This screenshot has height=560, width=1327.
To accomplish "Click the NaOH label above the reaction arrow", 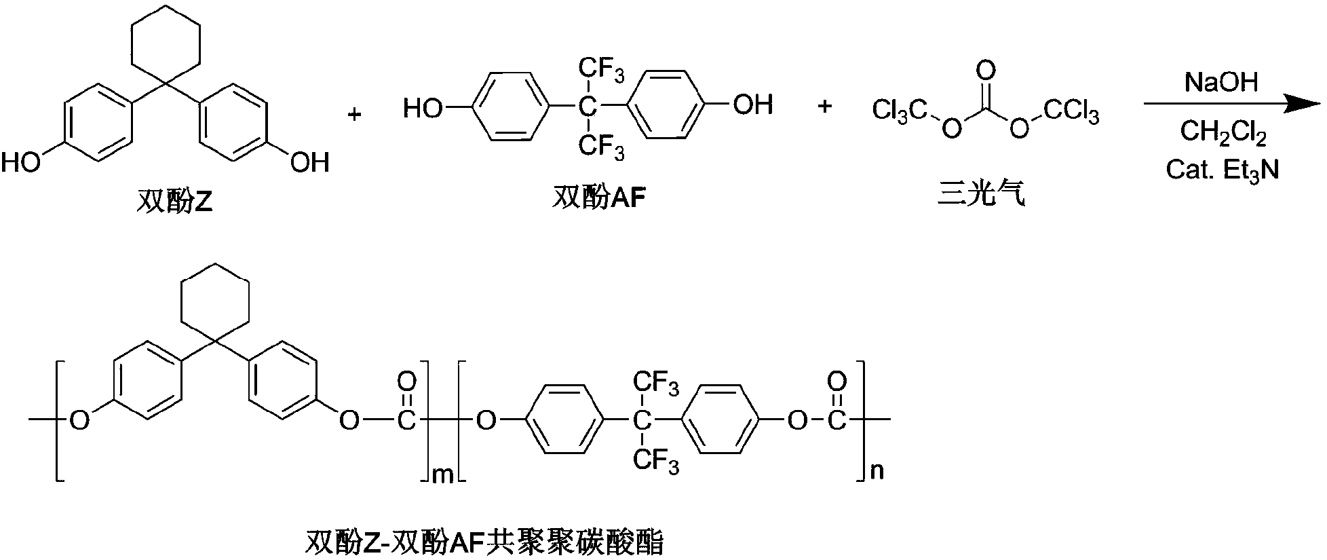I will coord(1220,82).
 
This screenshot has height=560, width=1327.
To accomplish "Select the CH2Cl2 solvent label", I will coord(1223,133).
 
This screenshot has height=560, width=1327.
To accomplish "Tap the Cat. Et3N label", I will coord(1223,169).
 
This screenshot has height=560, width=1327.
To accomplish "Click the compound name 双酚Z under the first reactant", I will coord(175,202).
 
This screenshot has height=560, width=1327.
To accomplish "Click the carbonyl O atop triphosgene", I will coord(987,70).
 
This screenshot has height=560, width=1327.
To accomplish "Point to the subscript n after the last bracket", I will coord(877,470).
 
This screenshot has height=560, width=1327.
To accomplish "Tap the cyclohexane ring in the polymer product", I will coord(214,297).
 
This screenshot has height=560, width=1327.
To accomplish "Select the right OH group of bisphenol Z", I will coord(309,163).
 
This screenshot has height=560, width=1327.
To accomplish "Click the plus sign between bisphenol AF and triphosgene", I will coord(824,106).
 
